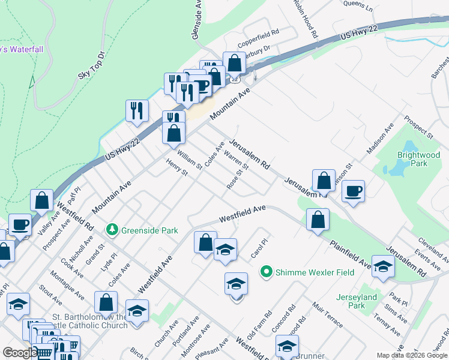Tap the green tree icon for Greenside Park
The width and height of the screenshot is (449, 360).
tap(111, 230)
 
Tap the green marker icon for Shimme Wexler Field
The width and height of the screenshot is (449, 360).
tap(267, 272)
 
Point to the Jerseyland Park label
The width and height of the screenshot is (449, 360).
tap(357, 301)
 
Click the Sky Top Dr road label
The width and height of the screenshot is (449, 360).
tap(91, 65)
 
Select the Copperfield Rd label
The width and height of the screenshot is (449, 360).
tap(259, 37)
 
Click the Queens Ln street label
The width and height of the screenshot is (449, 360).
tap(358, 7)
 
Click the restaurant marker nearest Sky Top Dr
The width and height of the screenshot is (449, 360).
tap(137, 110)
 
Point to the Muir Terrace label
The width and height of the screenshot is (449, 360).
tap(327, 315)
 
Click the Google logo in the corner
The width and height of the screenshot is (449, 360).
tap(20, 353)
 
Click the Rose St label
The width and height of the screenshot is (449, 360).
tap(238, 179)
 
